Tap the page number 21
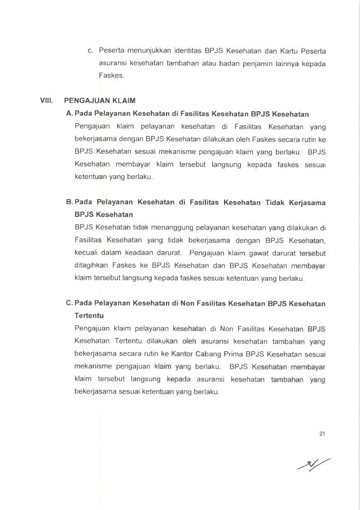coord(322,433)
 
